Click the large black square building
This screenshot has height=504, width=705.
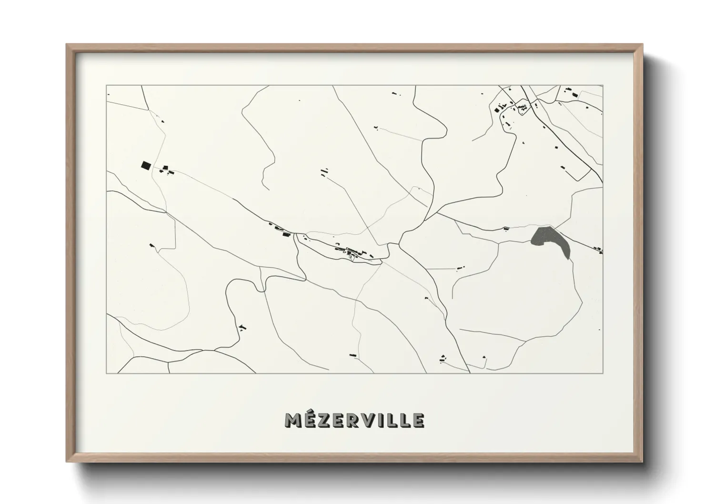click(x=145, y=165)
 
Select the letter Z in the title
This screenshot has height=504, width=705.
click(x=324, y=420)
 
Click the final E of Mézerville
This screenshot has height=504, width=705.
click(x=418, y=420)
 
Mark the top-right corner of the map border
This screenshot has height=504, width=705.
click(x=603, y=86)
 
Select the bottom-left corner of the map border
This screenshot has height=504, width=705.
click(x=107, y=373)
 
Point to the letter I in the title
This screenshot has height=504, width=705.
click(x=382, y=420)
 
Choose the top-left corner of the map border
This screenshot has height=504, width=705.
click(x=107, y=86)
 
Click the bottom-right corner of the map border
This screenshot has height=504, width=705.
click(x=603, y=373)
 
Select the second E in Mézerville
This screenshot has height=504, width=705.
click(x=338, y=420)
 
